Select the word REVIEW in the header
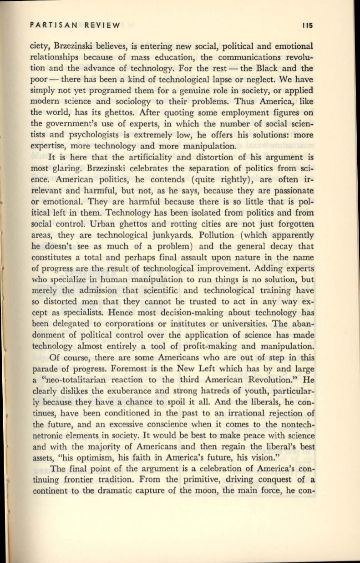(x=103, y=25)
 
